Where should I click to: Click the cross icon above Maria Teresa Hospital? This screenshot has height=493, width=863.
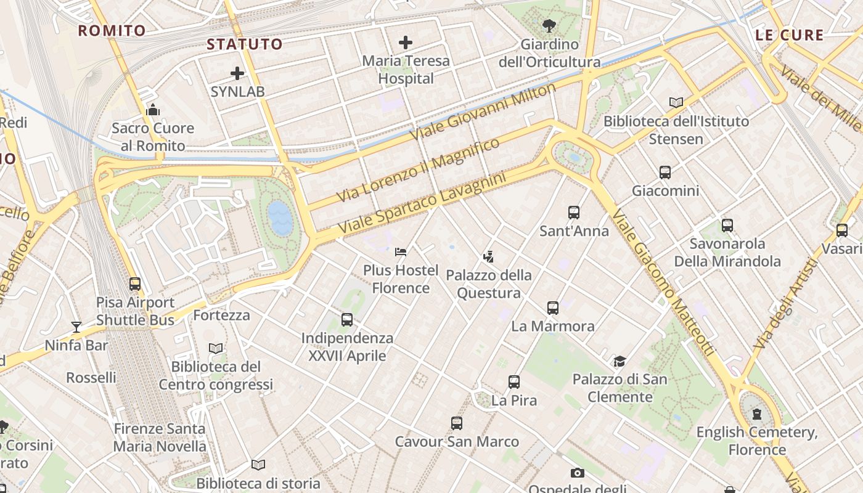point(405,43)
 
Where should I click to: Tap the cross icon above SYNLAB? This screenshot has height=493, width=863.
point(237,74)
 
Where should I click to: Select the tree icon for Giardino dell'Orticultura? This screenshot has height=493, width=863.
point(549,26)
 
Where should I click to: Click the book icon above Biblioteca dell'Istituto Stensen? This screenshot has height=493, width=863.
point(676,102)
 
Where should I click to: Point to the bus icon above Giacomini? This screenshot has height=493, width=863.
point(665,173)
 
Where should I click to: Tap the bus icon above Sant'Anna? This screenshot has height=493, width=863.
point(574,213)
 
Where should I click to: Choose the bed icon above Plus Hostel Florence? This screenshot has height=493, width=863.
point(401,251)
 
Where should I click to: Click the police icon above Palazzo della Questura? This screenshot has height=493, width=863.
point(489,256)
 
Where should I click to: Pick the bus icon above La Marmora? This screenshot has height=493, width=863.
point(553,308)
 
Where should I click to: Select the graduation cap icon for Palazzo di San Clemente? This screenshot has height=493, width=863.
point(620,361)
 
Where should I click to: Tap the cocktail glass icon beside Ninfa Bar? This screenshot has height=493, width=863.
point(76,327)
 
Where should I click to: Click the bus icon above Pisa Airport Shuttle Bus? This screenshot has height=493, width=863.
point(135,284)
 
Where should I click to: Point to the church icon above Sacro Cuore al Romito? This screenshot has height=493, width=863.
point(153,110)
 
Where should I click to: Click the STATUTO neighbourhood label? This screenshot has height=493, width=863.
point(245,44)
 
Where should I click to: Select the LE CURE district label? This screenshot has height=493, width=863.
point(790,35)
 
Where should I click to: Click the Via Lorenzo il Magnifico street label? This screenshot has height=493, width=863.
point(419,171)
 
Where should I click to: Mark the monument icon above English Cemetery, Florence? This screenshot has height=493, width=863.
point(757,414)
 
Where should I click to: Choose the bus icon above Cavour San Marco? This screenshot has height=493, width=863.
point(457,423)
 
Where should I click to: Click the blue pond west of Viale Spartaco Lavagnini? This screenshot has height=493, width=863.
point(280,218)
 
